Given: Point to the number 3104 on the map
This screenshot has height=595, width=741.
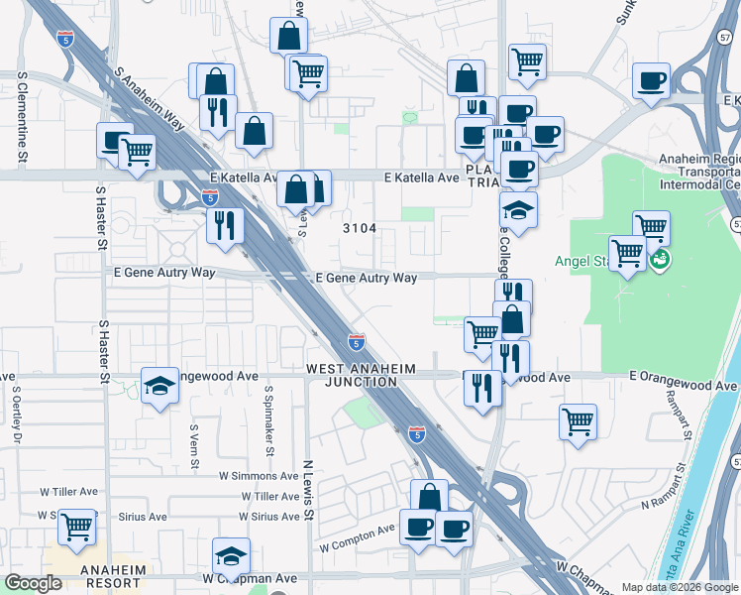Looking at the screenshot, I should tap(360, 228).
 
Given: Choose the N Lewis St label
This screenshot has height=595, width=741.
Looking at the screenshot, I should tap(308, 490).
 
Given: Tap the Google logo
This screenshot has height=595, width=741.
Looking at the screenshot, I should tap(34, 583).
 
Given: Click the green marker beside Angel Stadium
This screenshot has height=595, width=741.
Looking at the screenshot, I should tap(659, 260).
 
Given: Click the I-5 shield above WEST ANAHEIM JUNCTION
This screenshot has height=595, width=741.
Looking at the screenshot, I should tap(357, 343).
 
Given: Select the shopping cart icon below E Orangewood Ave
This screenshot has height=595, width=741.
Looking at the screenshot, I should tap(578, 420).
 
